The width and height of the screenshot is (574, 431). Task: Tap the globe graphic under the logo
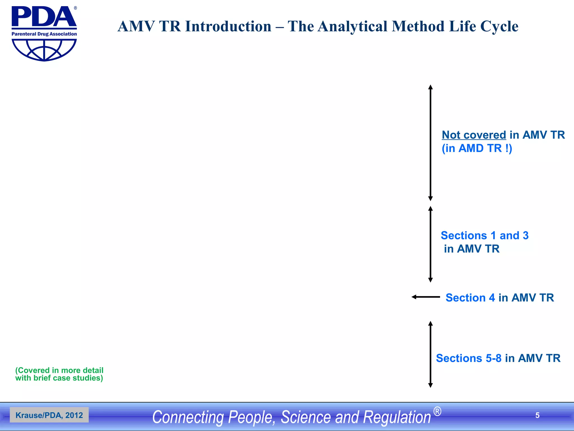pyautogui.click(x=44, y=50)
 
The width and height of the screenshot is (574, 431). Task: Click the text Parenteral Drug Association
pyautogui.click(x=44, y=34)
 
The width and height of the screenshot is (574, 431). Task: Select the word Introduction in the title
pyautogui.click(x=228, y=27)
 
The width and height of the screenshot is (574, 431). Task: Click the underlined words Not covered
pyautogui.click(x=474, y=135)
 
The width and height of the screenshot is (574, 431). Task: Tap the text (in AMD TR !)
pyautogui.click(x=477, y=148)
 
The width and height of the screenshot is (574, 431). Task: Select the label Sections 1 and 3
pyautogui.click(x=484, y=235)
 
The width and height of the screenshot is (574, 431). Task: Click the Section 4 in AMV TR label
pyautogui.click(x=499, y=298)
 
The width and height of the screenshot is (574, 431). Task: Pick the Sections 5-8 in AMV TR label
pyautogui.click(x=498, y=358)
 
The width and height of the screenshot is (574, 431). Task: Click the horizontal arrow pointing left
pyautogui.click(x=425, y=297)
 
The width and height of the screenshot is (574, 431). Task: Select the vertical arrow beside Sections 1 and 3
pyautogui.click(x=430, y=244)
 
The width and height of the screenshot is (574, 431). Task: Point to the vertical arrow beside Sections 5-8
pyautogui.click(x=430, y=354)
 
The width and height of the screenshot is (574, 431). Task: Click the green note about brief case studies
pyautogui.click(x=59, y=374)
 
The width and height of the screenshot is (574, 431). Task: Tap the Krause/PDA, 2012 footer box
pyautogui.click(x=49, y=415)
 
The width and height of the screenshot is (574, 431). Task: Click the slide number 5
pyautogui.click(x=537, y=415)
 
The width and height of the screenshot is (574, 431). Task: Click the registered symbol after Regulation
pyautogui.click(x=437, y=412)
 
